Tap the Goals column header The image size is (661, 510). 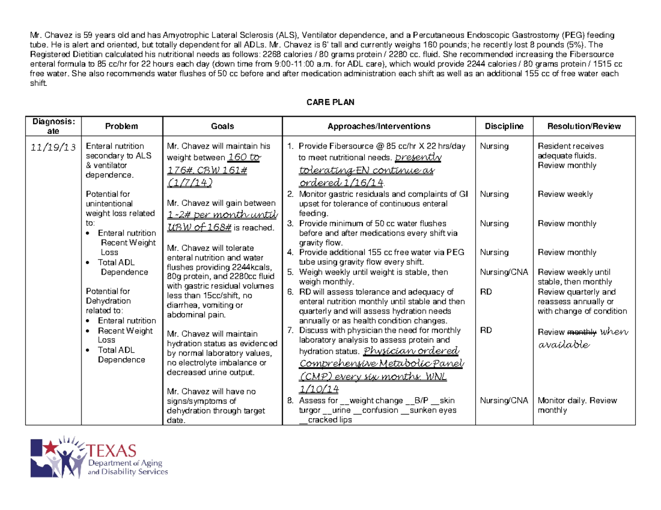click(223, 126)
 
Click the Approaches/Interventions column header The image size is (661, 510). click(379, 126)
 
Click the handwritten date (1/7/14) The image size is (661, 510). click(188, 182)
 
